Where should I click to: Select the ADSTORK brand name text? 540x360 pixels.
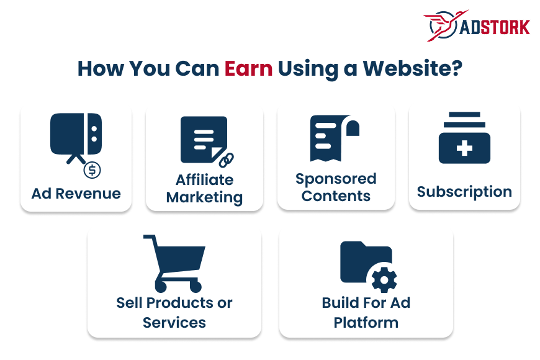click(495, 28)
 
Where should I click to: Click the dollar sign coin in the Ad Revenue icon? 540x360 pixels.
click(92, 169)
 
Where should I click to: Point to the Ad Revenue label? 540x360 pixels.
click(76, 193)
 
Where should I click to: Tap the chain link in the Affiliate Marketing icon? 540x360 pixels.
click(225, 159)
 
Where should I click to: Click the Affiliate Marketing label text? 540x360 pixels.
click(204, 189)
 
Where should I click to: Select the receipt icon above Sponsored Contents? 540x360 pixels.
click(334, 138)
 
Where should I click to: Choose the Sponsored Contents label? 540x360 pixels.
click(336, 187)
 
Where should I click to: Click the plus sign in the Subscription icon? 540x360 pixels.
click(464, 148)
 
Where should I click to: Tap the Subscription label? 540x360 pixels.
click(464, 192)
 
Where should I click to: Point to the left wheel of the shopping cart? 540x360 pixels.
click(161, 286)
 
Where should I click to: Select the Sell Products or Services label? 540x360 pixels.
click(174, 313)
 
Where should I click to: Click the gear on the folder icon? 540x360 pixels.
click(384, 280)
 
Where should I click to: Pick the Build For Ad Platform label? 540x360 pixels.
click(366, 313)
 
